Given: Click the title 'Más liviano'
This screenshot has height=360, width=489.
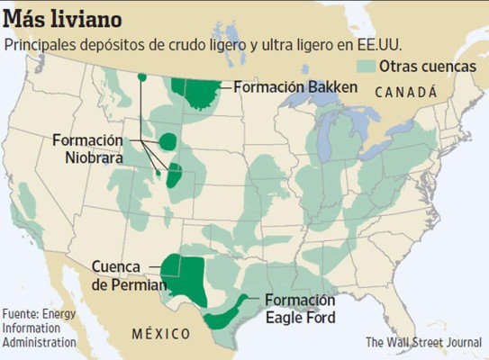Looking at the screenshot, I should click(64, 17).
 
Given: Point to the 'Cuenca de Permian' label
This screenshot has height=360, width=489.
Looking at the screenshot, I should click(128, 275).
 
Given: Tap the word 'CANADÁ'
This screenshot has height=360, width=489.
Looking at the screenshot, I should click(405, 92).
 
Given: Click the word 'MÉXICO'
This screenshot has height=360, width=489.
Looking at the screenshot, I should click(161, 333).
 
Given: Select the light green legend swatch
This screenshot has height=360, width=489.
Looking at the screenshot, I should click(365, 66).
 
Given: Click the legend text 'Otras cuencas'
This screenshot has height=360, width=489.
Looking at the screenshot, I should click(428, 66).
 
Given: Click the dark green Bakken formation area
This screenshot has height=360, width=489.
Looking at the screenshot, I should click(196, 90).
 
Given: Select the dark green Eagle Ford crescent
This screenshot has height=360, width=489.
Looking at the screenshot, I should click(225, 315).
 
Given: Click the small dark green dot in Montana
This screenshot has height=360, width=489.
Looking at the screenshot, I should click(141, 76).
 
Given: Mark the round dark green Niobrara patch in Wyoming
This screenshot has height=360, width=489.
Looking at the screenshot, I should click(168, 140).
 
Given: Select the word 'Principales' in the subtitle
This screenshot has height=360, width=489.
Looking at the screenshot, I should click(42, 43).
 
